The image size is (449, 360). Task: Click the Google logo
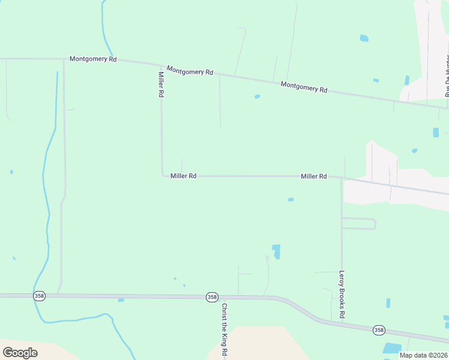pyautogui.click(x=20, y=353)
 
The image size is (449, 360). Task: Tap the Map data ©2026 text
pyautogui.click(x=423, y=355)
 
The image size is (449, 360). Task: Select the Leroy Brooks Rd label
pyautogui.click(x=342, y=295)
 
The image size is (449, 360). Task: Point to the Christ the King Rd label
pyautogui.click(x=224, y=330)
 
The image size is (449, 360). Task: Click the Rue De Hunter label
pyautogui.click(x=447, y=76)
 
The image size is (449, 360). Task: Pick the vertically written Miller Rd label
pyautogui.click(x=161, y=85)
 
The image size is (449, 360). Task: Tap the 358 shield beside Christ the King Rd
pyautogui.click(x=211, y=297)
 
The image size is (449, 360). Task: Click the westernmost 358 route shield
pyautogui.click(x=40, y=296)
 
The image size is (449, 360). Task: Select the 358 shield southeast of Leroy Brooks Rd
pyautogui.click(x=378, y=330)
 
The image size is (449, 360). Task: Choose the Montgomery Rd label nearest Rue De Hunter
pyautogui.click(x=304, y=87)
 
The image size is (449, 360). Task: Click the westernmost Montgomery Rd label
pyautogui.click(x=93, y=59)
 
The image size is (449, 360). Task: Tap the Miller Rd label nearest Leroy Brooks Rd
pyautogui.click(x=313, y=176)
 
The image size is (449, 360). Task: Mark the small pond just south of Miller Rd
pyautogui.click(x=291, y=200)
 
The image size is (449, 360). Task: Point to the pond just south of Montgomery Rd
pyautogui.click(x=257, y=97)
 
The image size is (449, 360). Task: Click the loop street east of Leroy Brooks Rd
pyautogui.click(x=374, y=224)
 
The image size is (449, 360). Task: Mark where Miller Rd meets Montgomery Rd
pyautogui.click(x=161, y=65)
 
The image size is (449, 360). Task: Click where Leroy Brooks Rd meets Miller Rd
pyautogui.click(x=342, y=178)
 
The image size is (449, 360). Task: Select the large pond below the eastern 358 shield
pyautogui.click(x=392, y=348)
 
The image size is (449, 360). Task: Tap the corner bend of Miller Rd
pyautogui.click(x=162, y=175)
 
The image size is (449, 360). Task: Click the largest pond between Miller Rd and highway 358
pyautogui.click(x=276, y=251)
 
